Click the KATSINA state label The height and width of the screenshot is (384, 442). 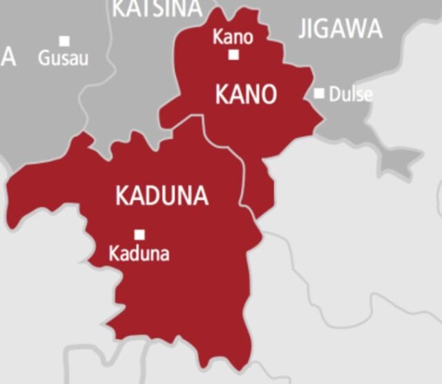coord(157,8)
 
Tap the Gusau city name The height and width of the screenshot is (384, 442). coord(63,59)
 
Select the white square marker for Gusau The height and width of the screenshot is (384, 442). coord(64,41)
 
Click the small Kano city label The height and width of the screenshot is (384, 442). coord(233,36)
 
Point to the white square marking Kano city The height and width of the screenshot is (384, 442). coord(234,54)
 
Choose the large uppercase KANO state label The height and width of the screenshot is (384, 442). coord(246,94)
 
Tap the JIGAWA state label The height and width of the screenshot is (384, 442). coord(340,29)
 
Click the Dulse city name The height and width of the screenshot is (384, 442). coord(350,94)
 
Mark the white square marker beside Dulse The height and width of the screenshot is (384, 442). coord(319,93)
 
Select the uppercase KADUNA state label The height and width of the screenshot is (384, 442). coord(162,196)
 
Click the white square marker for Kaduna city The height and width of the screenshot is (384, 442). coord(140,234)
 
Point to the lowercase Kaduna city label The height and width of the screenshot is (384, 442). coord(139,253)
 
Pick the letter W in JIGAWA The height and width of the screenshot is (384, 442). coord(352,29)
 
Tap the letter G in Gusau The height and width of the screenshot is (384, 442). coord(44,59)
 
